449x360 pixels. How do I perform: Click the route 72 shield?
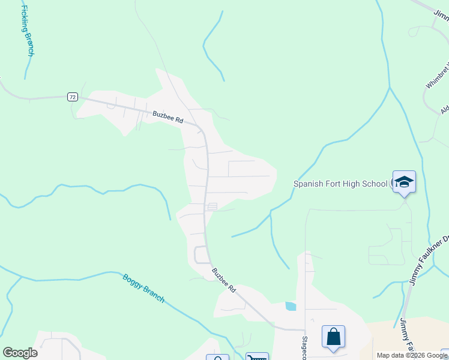72,97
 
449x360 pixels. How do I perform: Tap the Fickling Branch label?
26,32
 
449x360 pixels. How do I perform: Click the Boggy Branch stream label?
143,289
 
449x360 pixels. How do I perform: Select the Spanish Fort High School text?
340,184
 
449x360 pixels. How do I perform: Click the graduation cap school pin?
404,182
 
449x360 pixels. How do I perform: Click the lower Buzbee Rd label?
223,280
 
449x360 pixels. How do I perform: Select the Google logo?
20,353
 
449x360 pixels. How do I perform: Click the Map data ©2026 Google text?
412,355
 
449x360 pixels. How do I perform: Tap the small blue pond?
291,306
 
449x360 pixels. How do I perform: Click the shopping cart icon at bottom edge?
257,356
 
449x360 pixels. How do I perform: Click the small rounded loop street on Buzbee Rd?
201,255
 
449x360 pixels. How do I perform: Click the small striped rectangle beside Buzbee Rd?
212,206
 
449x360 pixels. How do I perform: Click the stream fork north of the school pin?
390,88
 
